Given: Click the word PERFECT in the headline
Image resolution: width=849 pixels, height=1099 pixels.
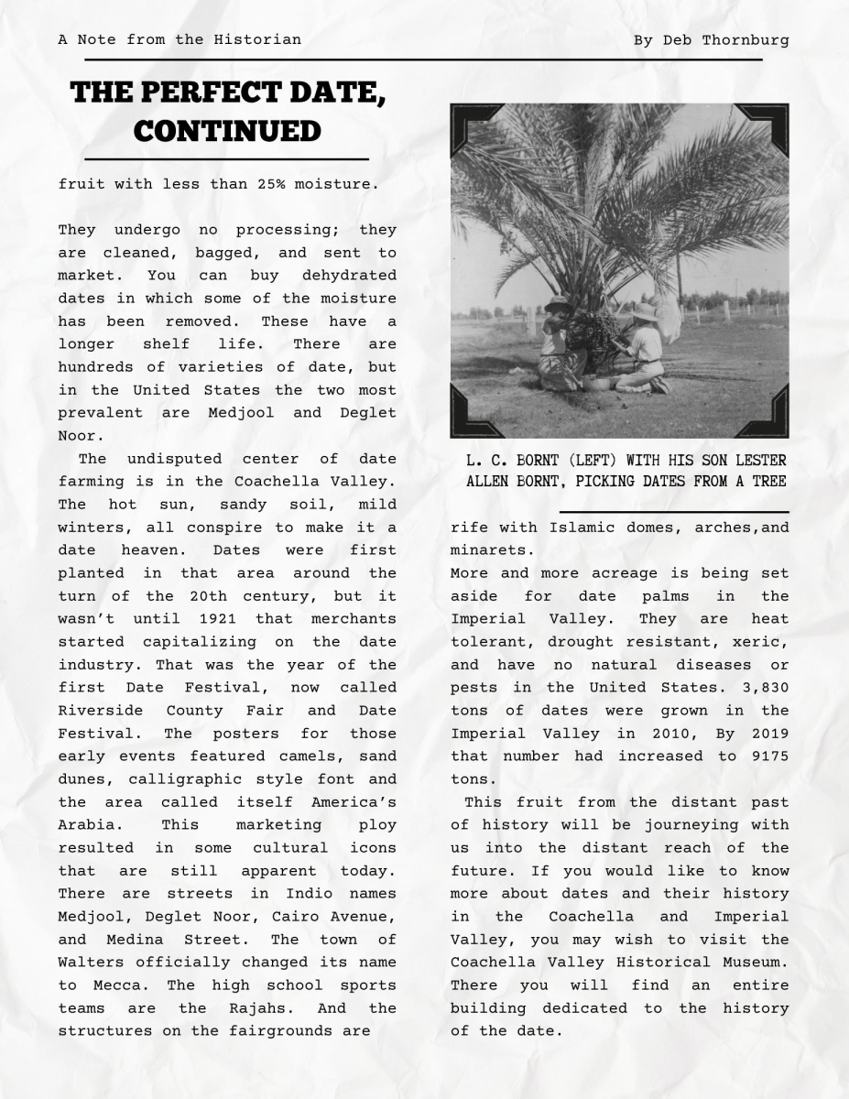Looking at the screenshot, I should (x=227, y=93).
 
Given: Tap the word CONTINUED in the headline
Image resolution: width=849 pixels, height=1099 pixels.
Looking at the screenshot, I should (x=227, y=131).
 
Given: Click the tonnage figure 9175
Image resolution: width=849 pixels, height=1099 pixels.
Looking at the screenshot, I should (x=767, y=756).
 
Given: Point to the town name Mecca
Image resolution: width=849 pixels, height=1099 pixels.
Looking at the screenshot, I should (x=116, y=985).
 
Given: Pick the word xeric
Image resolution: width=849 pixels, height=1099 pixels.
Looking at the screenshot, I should (x=767, y=642).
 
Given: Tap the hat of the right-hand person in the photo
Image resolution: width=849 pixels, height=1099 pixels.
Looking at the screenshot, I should (x=645, y=312).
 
